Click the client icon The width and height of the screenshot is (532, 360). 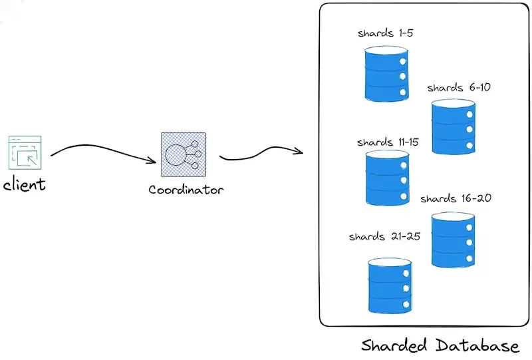[25, 152]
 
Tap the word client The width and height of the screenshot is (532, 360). [25, 184]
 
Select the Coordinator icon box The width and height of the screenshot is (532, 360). [183, 154]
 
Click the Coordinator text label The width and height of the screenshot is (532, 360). [186, 190]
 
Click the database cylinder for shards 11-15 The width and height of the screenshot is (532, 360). [387, 178]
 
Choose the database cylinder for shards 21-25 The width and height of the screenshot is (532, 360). [389, 286]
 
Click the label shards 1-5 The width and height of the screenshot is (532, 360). [386, 33]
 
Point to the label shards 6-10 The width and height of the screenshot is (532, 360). [459, 88]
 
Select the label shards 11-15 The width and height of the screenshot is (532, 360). [387, 142]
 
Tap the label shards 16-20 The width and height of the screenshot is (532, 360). [456, 198]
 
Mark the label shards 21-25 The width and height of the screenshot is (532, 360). [384, 237]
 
